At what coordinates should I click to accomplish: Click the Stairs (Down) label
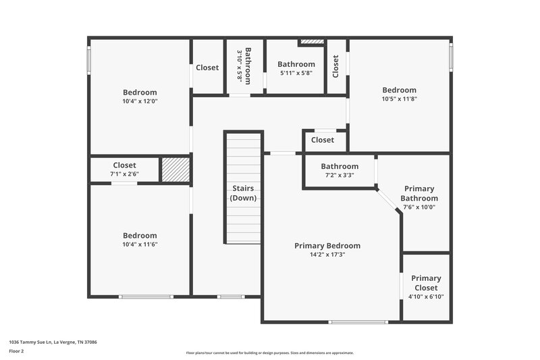click(242, 193)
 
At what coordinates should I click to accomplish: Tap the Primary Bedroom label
click(327, 246)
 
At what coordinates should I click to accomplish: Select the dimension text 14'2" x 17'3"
click(327, 255)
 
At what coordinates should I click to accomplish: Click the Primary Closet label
click(426, 283)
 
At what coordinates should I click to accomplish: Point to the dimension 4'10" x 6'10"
click(426, 297)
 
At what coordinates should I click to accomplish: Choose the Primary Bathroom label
click(419, 194)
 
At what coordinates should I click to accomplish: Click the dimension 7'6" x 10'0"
click(419, 207)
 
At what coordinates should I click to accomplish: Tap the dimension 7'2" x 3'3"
click(340, 175)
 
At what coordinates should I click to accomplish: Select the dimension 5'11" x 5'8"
click(296, 73)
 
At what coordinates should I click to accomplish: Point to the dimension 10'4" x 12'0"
click(140, 101)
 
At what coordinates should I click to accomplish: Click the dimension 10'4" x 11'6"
click(140, 245)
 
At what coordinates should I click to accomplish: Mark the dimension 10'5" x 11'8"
click(400, 99)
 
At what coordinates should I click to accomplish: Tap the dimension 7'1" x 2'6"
click(124, 174)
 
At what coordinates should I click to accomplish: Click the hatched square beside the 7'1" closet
click(174, 170)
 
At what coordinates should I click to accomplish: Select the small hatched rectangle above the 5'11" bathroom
click(312, 42)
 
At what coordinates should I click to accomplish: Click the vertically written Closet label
click(335, 67)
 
